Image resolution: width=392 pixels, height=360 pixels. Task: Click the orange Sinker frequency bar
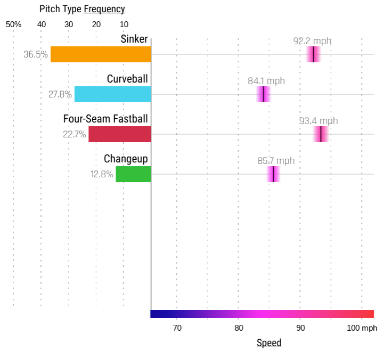pyautogui.click(x=101, y=54)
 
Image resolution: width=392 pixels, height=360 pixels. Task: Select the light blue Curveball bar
pyautogui.click(x=112, y=94)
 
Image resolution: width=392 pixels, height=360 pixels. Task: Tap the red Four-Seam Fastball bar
pyautogui.click(x=119, y=134)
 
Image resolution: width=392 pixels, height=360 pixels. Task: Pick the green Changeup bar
pyautogui.click(x=133, y=174)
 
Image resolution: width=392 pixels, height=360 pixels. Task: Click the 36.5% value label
pyautogui.click(x=36, y=54)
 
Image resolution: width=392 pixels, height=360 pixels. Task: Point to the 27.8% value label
pyautogui.click(x=60, y=94)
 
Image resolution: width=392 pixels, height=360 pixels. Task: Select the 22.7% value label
pyautogui.click(x=74, y=134)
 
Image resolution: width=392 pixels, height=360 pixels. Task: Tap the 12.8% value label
pyautogui.click(x=102, y=174)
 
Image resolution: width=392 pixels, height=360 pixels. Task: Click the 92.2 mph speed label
pyautogui.click(x=313, y=41)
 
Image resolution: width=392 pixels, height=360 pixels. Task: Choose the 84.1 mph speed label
pyautogui.click(x=266, y=81)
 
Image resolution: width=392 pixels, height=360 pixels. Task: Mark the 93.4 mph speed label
pyautogui.click(x=318, y=121)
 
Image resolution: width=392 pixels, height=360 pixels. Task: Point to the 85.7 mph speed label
pyautogui.click(x=276, y=161)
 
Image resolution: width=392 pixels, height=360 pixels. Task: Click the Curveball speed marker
pyautogui.click(x=263, y=94)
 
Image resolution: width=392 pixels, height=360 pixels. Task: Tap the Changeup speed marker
pyautogui.click(x=273, y=174)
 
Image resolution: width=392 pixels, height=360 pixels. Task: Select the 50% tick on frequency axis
pyautogui.click(x=13, y=24)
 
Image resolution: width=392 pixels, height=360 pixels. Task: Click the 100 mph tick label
pyautogui.click(x=362, y=328)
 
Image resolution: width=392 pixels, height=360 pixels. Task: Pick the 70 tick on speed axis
pyautogui.click(x=177, y=328)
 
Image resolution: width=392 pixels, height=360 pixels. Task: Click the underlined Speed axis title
pyautogui.click(x=269, y=343)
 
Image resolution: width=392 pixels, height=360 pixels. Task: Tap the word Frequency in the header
pyautogui.click(x=104, y=9)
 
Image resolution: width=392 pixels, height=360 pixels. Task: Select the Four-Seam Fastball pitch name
pyautogui.click(x=105, y=119)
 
